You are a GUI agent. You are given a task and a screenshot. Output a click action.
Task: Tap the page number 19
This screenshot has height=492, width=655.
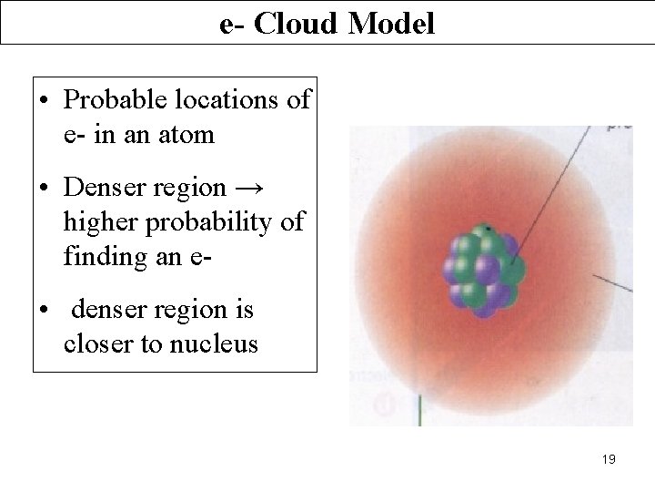pyautogui.click(x=609, y=459)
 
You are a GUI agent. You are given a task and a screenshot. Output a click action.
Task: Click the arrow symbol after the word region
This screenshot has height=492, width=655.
pyautogui.click(x=251, y=189)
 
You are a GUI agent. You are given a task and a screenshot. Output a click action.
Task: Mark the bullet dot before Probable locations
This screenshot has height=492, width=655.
pyautogui.click(x=44, y=101)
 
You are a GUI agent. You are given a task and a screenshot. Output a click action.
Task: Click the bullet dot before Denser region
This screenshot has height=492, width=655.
pyautogui.click(x=44, y=189)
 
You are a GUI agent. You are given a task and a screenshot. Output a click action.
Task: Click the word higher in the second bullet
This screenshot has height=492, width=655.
pyautogui.click(x=97, y=223)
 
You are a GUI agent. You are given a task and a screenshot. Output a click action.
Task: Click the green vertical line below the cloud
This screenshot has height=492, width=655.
pyautogui.click(x=419, y=409)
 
